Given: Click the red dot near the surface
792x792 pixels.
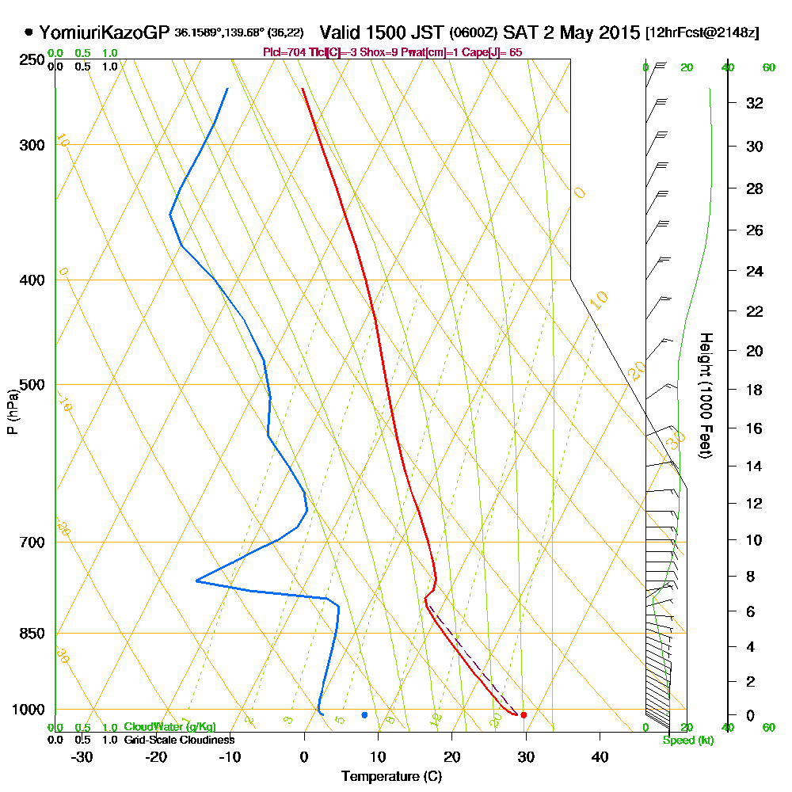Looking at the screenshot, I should coord(524,715).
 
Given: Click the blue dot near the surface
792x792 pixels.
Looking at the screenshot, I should coord(364,715).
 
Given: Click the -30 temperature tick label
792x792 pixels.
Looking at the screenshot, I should coord(82,756).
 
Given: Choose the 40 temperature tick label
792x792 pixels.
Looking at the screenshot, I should coord(600,756).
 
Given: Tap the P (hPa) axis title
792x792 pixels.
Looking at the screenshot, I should coord(12,411).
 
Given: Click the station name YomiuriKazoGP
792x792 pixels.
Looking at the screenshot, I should coord(104,32).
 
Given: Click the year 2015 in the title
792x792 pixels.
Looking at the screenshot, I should coord(619,32).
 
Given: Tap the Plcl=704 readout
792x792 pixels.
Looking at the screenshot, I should coord(281,52).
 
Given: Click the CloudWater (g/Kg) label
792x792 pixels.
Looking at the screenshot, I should coord(169,727).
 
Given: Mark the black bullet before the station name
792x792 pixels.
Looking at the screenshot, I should coord(29,32).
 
